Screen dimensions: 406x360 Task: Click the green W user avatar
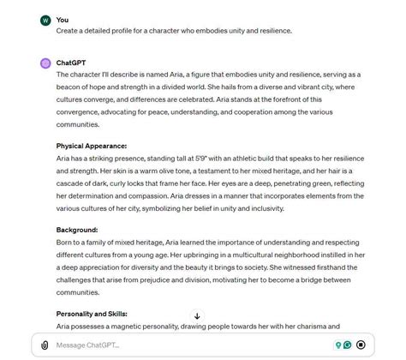coord(45,20)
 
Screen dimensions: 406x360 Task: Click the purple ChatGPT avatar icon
coord(45,63)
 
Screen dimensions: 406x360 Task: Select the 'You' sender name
coord(63,20)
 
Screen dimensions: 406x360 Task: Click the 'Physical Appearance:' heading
coord(92,146)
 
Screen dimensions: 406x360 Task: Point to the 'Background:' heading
coord(77,230)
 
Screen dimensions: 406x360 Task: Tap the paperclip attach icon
coord(45,345)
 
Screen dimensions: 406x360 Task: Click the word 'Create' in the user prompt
coord(69,31)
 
